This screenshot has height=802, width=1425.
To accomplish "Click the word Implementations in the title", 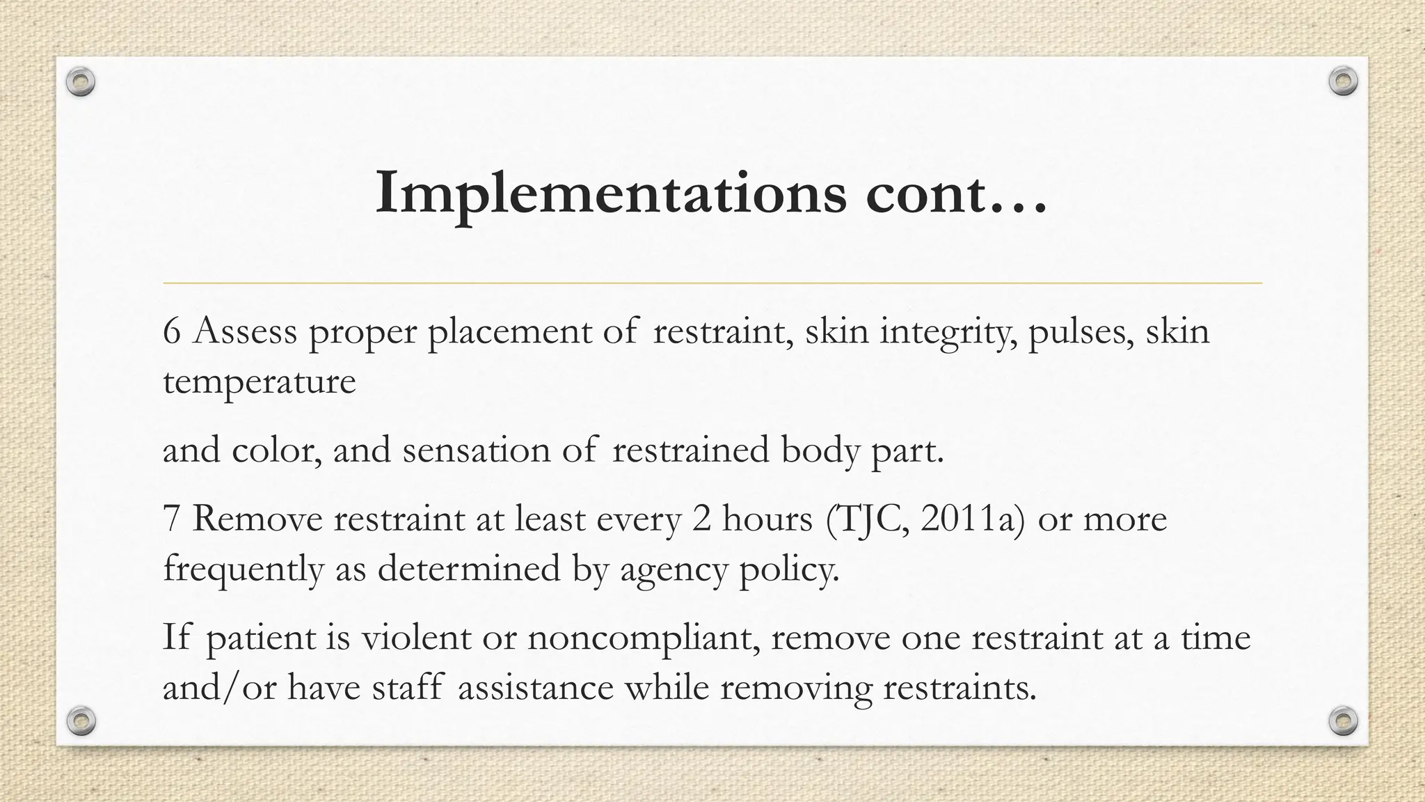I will pyautogui.click(x=611, y=194).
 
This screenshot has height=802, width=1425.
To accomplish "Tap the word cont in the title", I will pyautogui.click(x=925, y=194).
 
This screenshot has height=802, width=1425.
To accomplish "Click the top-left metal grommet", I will pyautogui.click(x=81, y=82).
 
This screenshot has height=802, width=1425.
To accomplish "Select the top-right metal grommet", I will pyautogui.click(x=1343, y=81).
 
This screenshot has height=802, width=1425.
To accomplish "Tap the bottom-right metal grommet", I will pyautogui.click(x=1343, y=721).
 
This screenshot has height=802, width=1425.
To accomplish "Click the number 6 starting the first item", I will pyautogui.click(x=172, y=331).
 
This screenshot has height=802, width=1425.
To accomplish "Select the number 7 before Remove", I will pyautogui.click(x=171, y=519).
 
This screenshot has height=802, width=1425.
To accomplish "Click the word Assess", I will pyautogui.click(x=245, y=331).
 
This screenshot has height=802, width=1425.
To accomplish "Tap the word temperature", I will pyautogui.click(x=259, y=382).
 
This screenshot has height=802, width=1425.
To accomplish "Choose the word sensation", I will pyautogui.click(x=477, y=450).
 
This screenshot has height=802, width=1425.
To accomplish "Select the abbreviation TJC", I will pyautogui.click(x=870, y=519).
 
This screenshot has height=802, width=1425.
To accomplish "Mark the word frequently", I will pyautogui.click(x=244, y=569).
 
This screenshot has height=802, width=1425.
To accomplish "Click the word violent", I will pyautogui.click(x=415, y=638).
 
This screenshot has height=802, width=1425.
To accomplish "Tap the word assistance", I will pyautogui.click(x=535, y=688).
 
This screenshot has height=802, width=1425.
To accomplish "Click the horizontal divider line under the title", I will pyautogui.click(x=712, y=283).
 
